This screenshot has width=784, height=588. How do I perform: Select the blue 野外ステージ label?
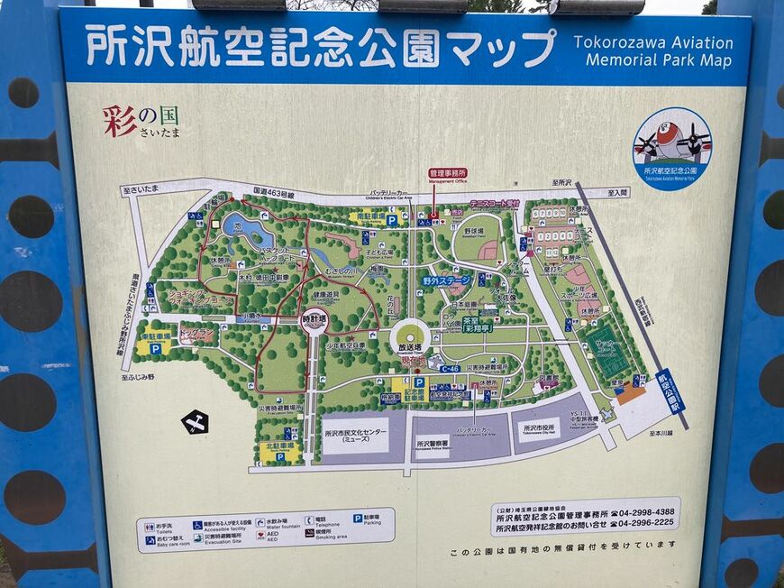(446, 280)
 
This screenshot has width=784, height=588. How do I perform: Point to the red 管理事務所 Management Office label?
(447, 172)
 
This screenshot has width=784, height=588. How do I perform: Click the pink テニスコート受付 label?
(494, 204)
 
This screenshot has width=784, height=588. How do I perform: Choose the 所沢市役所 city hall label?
(540, 427)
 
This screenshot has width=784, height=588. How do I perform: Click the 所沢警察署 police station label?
(433, 442)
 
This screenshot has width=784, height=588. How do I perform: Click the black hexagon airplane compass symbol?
(195, 421)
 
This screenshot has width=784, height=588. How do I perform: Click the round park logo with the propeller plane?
(671, 148)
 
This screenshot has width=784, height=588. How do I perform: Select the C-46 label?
(450, 369)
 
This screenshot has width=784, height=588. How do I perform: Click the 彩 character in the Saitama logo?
(120, 121)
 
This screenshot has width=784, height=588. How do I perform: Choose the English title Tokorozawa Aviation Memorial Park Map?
(653, 51)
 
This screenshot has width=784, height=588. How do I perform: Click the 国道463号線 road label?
(274, 192)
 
